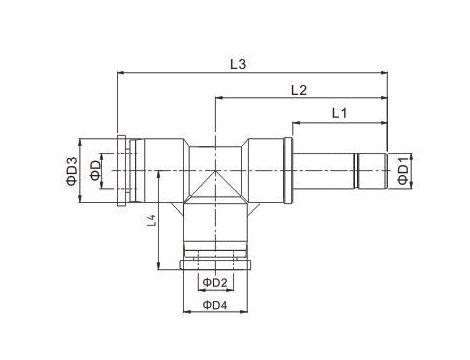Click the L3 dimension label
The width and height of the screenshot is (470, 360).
pyautogui.click(x=238, y=64)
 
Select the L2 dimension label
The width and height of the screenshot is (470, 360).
pyautogui.click(x=297, y=90)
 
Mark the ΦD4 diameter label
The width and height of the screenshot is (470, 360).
pyautogui.click(x=214, y=305)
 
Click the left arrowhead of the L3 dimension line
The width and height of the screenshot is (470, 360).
pyautogui.click(x=121, y=73)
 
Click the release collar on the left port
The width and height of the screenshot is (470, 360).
pyautogui.click(x=122, y=169)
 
